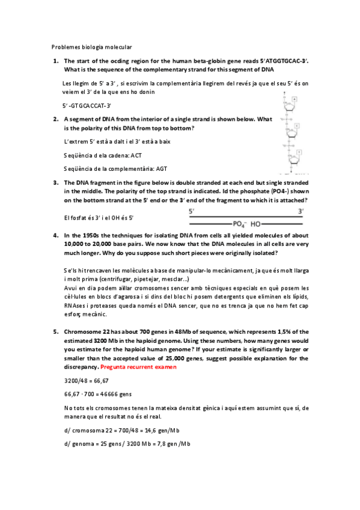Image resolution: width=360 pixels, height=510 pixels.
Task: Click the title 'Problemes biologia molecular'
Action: tap(91, 47)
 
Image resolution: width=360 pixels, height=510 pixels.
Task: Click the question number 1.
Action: tap(55, 61)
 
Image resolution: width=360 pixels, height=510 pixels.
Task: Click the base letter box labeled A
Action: tap(294, 99)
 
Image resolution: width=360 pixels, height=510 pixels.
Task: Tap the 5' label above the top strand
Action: tap(192, 211)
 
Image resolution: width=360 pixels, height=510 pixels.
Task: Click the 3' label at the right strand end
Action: tap(301, 211)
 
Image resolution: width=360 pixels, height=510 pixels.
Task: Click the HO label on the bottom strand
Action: tap(256, 223)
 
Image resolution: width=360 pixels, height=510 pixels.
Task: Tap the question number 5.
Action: tap(55, 331)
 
